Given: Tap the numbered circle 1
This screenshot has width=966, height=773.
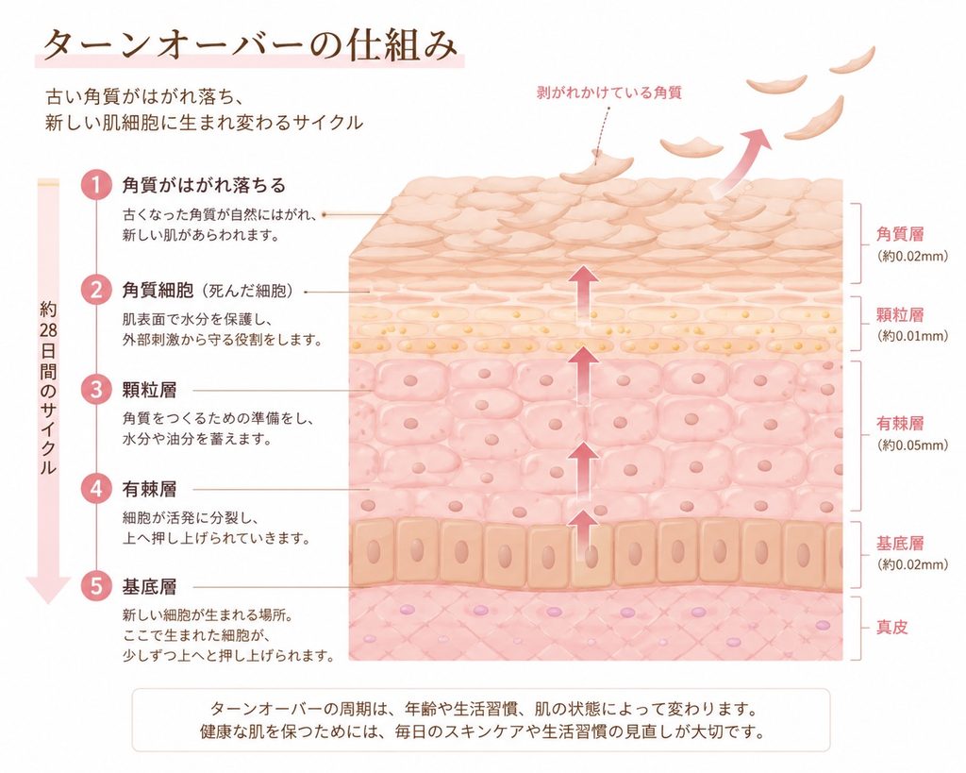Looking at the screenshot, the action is pyautogui.click(x=95, y=185).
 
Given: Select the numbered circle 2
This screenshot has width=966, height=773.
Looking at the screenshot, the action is pyautogui.click(x=95, y=289).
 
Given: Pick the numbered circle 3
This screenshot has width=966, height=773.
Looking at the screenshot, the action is pyautogui.click(x=95, y=390).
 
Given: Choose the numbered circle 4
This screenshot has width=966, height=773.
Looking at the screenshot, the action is pyautogui.click(x=95, y=488).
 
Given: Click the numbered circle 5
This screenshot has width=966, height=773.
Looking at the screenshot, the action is pyautogui.click(x=95, y=585).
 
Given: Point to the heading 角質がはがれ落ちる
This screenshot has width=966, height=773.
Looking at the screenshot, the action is pyautogui.click(x=204, y=185).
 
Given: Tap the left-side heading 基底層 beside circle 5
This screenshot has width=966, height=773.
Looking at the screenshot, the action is pyautogui.click(x=150, y=586).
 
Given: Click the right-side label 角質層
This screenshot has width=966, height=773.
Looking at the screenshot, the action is pyautogui.click(x=900, y=234).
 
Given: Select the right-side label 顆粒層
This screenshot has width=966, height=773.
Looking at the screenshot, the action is pyautogui.click(x=900, y=315).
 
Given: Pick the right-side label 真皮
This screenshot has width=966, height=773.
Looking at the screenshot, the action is pyautogui.click(x=892, y=628).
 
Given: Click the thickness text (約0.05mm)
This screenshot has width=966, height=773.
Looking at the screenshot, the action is pyautogui.click(x=912, y=445).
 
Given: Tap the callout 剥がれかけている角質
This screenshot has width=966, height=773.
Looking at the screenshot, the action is pyautogui.click(x=609, y=93).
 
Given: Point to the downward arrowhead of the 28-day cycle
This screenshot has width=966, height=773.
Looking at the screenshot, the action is pyautogui.click(x=47, y=589).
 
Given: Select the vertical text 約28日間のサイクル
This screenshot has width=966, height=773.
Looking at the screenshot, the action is pyautogui.click(x=47, y=388).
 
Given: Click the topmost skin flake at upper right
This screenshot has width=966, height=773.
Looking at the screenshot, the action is pyautogui.click(x=853, y=59).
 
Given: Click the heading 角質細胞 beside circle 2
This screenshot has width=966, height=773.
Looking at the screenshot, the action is pyautogui.click(x=158, y=290).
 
